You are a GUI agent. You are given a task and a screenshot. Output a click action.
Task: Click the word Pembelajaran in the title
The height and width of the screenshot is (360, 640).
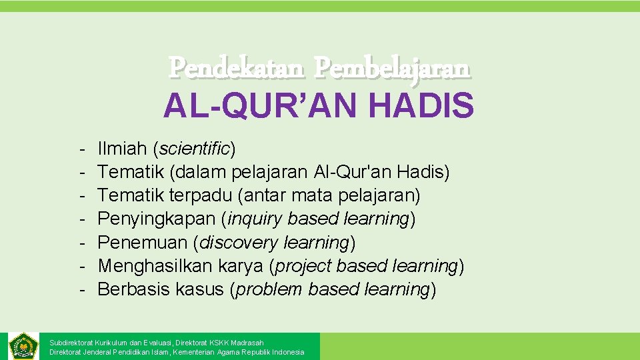coord(393,67)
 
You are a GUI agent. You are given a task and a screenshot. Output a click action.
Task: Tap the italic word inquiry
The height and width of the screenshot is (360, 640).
coord(253,219)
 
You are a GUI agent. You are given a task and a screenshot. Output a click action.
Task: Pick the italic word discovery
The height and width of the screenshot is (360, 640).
coord(238,242)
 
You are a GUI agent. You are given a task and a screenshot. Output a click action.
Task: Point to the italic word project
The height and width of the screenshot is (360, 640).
coord(303,266)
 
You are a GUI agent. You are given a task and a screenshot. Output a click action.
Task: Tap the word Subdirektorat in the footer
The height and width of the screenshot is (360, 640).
coord(71,343)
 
